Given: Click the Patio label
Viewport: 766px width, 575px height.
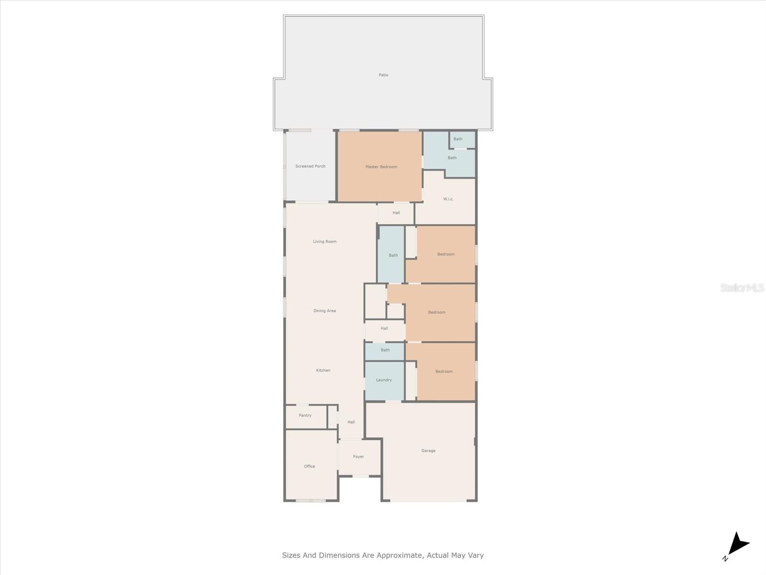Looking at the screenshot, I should tap(383, 75).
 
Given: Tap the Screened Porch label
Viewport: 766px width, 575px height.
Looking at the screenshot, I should tap(310, 166).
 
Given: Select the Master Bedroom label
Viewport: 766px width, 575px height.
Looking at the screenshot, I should tap(381, 167).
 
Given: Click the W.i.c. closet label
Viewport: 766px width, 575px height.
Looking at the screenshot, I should tap(448, 199).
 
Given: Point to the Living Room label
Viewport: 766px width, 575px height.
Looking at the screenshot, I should tap(325, 241).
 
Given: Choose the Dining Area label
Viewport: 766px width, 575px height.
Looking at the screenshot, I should tap(325, 311).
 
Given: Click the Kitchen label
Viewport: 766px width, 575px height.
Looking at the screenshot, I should tap(323, 370).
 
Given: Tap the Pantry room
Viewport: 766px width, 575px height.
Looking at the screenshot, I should tap(305, 415).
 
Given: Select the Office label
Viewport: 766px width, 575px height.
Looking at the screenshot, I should tap(309, 466).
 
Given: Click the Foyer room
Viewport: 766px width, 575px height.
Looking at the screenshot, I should tap(359, 457).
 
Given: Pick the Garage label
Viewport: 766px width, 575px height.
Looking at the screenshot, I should tap(428, 451).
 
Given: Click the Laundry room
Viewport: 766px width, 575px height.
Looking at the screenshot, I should tap(384, 380).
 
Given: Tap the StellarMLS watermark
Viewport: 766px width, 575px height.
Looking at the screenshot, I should tap(742, 288).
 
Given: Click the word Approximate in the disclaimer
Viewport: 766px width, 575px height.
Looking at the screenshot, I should tap(399, 555).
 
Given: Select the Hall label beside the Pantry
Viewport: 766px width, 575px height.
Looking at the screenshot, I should tap(351, 422).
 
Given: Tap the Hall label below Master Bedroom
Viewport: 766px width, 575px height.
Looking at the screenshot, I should tap(396, 213).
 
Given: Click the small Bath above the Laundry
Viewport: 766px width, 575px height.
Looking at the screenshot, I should tap(385, 350).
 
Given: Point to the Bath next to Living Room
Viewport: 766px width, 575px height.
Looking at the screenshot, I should tap(393, 255).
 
